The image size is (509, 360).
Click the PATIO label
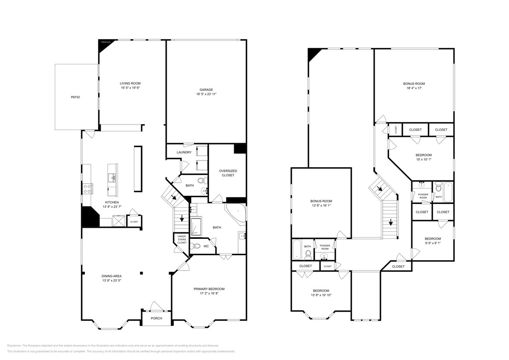click(x=75, y=97)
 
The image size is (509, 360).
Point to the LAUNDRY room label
click(x=184, y=152)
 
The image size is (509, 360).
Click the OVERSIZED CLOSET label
click(x=228, y=173)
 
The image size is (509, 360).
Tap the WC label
click(x=206, y=246)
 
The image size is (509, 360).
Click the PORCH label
click(x=156, y=318)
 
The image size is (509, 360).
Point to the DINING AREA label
click(x=111, y=276)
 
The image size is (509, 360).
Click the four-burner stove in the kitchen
click(x=87, y=188)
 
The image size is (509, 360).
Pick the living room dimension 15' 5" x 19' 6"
click(x=130, y=88)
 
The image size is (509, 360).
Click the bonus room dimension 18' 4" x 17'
click(x=414, y=89)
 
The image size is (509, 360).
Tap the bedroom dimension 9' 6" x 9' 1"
click(x=433, y=244)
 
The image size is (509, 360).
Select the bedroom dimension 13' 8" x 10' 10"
click(x=321, y=295)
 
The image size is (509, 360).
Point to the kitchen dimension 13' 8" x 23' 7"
click(x=112, y=207)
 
